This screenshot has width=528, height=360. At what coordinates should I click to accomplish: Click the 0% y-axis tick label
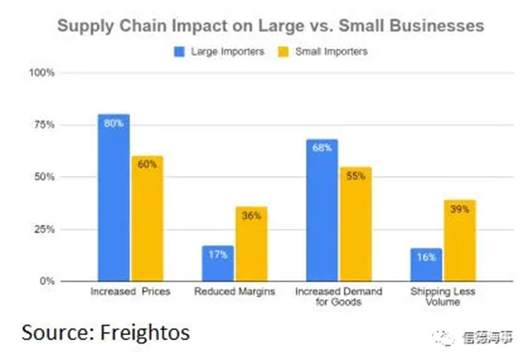point(46,281)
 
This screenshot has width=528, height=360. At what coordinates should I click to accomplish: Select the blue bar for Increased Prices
point(113,197)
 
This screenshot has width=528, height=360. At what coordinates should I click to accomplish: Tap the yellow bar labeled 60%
point(146,218)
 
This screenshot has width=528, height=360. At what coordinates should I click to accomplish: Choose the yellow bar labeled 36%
point(250,244)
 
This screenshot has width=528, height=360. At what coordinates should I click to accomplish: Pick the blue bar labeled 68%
point(322,210)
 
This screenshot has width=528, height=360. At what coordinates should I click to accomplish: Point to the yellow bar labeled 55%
point(355,224)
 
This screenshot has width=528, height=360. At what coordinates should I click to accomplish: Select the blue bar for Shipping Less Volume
point(426,264)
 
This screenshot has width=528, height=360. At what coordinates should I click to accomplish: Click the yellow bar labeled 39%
point(459,240)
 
